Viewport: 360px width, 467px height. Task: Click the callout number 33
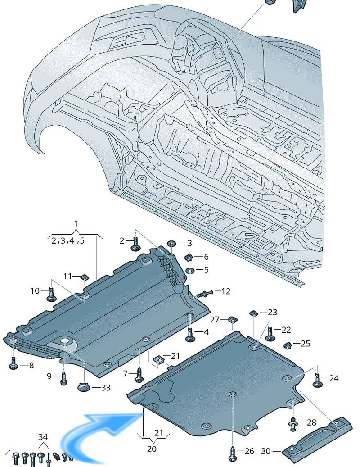(105, 387)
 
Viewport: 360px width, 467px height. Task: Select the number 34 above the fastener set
(42, 437)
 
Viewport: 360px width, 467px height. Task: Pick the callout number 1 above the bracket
(76, 224)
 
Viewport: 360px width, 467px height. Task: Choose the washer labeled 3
(171, 244)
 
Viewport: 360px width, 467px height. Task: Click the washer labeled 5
(190, 270)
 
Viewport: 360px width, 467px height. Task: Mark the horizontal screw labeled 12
(203, 294)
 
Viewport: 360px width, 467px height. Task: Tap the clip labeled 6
(189, 258)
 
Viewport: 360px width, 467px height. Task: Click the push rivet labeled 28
(293, 423)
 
